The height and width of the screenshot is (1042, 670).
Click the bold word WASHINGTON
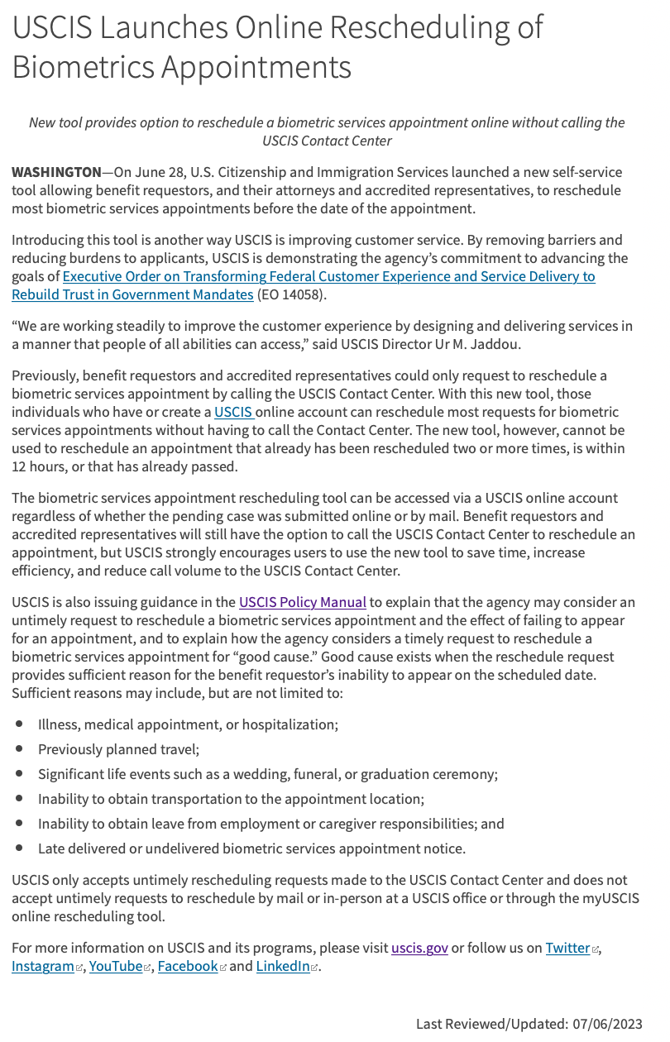tap(56, 173)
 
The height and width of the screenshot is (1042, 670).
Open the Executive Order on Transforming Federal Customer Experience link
tap(328, 276)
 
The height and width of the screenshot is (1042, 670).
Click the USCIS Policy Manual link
tap(302, 602)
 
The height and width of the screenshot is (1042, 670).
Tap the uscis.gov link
tap(419, 948)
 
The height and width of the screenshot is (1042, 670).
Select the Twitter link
tap(567, 948)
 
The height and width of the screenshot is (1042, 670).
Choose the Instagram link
tap(42, 966)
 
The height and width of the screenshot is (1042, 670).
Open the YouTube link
tap(115, 966)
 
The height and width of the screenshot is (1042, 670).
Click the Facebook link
tap(187, 966)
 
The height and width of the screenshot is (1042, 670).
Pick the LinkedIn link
tap(282, 966)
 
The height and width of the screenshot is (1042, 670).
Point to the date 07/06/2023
tap(607, 1024)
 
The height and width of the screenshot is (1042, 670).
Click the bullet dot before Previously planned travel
tap(19, 749)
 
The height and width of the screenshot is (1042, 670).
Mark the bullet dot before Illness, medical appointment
tap(19, 724)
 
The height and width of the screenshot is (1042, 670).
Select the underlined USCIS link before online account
tap(234, 412)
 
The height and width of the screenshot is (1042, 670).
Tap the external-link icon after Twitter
tap(596, 949)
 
